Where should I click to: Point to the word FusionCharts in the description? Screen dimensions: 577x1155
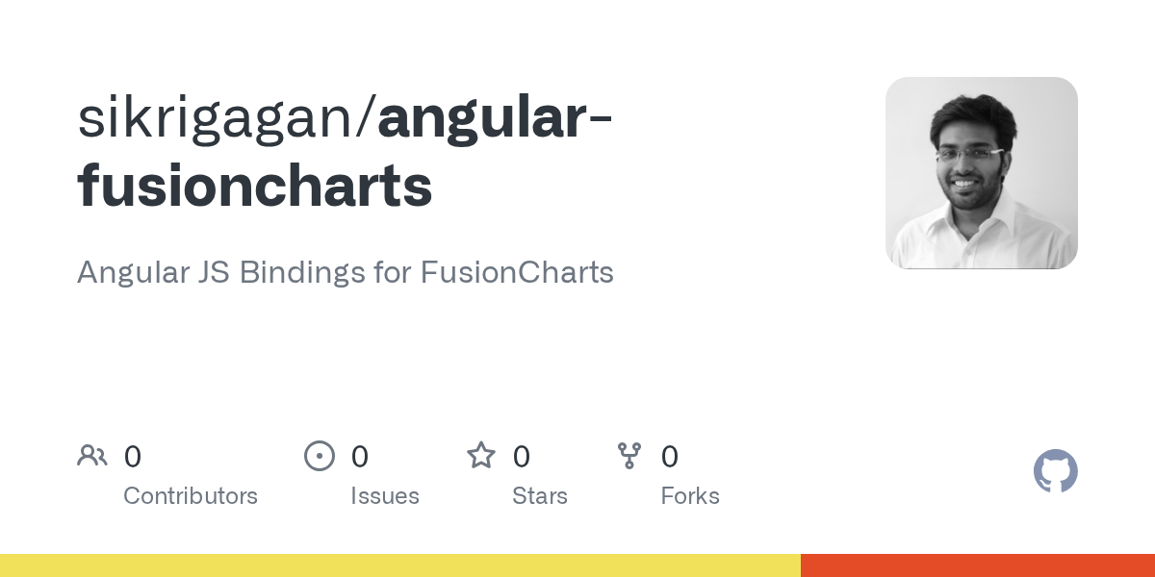(x=517, y=272)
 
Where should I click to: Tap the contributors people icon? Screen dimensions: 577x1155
(x=92, y=456)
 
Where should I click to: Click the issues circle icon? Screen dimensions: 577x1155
(x=320, y=456)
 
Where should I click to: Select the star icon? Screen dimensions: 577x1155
(x=481, y=456)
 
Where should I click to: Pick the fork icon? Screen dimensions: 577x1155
(x=629, y=456)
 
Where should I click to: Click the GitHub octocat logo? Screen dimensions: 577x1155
(x=1055, y=471)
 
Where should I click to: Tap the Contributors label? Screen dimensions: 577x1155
(x=191, y=496)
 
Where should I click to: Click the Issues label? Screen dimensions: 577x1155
(x=385, y=496)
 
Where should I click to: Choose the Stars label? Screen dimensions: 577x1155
(x=540, y=496)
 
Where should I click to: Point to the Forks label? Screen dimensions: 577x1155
(x=690, y=496)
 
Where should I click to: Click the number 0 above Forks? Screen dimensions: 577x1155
(x=670, y=457)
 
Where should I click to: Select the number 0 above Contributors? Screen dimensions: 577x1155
(x=133, y=457)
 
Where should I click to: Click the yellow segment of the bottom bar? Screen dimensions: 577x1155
(x=399, y=565)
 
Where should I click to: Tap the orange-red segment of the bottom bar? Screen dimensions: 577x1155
(x=977, y=565)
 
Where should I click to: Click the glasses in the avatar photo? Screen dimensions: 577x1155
(x=968, y=154)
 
